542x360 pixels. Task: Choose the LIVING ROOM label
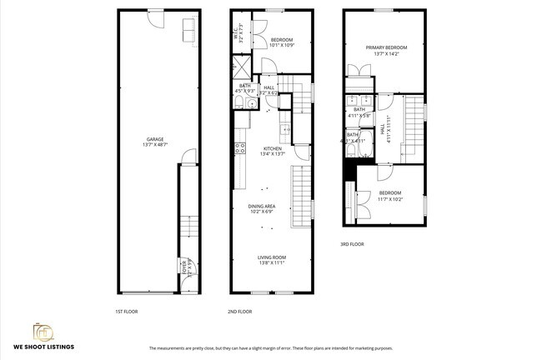[271, 259]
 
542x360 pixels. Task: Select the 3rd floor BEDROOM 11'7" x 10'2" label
[389, 194]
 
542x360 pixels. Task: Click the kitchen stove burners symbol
[240, 149]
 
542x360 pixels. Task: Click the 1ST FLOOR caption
[127, 312]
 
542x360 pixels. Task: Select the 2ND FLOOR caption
[239, 312]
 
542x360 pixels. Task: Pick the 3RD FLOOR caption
[351, 244]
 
